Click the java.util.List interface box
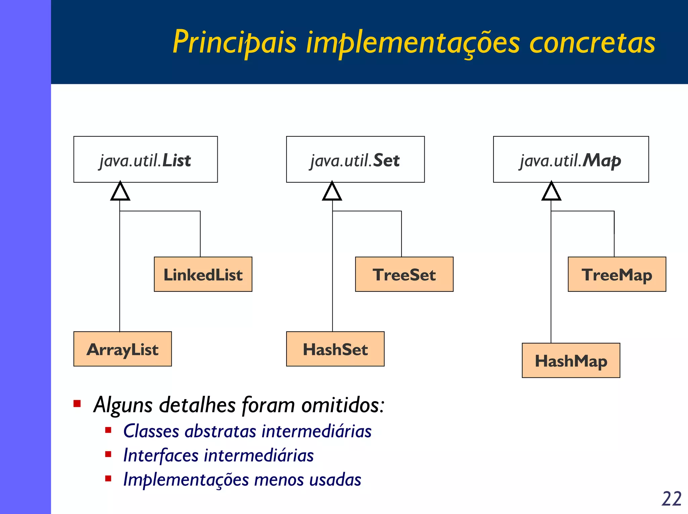pos(145,159)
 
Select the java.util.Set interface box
pos(355,159)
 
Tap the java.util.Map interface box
pos(571,159)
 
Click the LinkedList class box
pos(203,274)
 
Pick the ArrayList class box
pos(123,349)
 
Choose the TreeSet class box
pos(404,274)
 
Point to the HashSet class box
pos(335,349)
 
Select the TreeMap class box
pos(617,274)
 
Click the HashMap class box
pos(571,361)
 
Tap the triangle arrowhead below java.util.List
pos(120,192)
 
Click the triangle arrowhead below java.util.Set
pos(332,192)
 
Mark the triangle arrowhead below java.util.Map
pos(551,192)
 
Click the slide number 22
pos(671,499)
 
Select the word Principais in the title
pos(234,42)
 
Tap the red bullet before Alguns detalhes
pos(77,404)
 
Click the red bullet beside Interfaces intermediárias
pos(108,455)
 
